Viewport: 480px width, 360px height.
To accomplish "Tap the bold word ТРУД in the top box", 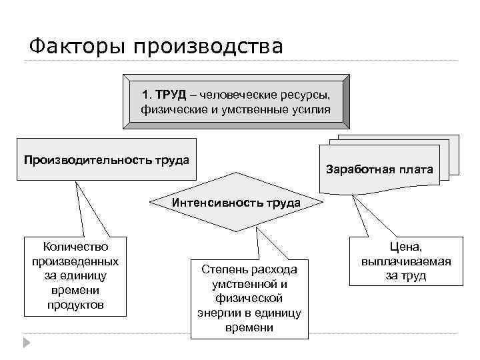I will coord(171,93).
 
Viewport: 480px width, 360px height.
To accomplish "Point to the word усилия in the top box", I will coord(310,109).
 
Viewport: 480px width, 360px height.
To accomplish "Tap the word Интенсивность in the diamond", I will coord(211,202).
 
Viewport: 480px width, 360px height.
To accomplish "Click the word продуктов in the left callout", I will coord(75,305).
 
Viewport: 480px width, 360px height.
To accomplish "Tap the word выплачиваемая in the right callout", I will coord(406,261).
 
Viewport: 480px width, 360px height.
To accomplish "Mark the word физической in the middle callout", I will coord(249,298).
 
